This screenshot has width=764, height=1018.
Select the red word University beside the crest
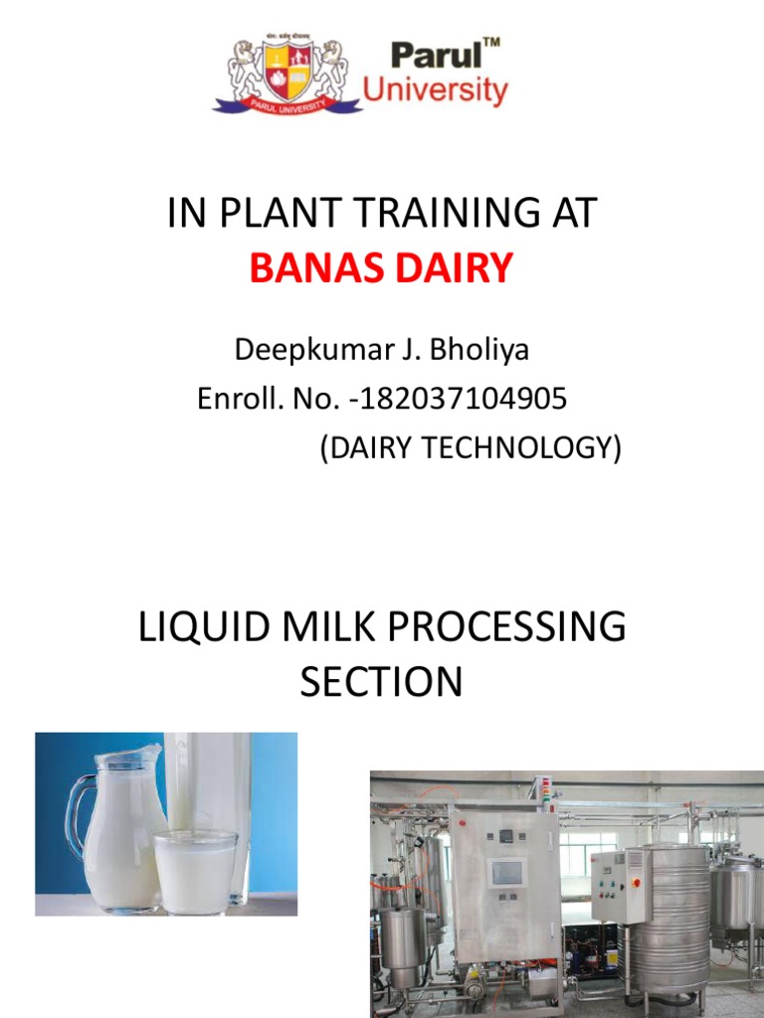[x=435, y=91]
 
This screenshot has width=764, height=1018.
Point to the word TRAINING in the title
[x=436, y=214]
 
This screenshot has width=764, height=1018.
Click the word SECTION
[x=382, y=682]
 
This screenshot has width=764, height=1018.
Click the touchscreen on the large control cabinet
[x=506, y=874]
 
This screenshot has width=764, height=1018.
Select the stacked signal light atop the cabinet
[x=541, y=791]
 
